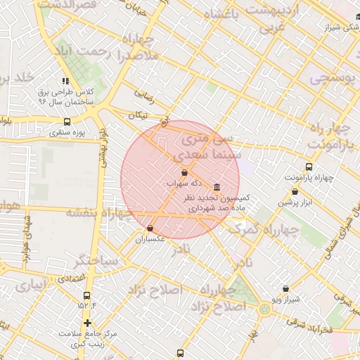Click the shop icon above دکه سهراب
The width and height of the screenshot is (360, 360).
pyautogui.click(x=184, y=172)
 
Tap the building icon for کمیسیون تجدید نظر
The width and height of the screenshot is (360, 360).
pyautogui.click(x=215, y=188)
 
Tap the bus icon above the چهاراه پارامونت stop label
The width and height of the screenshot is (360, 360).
pyautogui.click(x=309, y=167)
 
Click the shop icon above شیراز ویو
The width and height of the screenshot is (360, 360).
pyautogui.click(x=285, y=288)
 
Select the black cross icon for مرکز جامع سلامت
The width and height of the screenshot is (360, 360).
pyautogui.click(x=87, y=323)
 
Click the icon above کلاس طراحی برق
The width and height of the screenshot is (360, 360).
pyautogui.click(x=65, y=82)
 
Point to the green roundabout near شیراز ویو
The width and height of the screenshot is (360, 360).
pyautogui.click(x=264, y=309)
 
